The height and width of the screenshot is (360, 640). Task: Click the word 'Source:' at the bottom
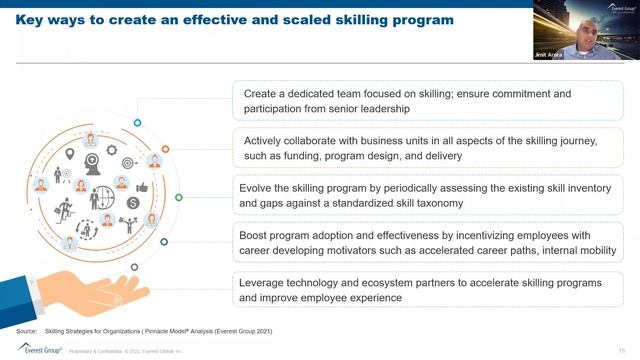click(x=27, y=330)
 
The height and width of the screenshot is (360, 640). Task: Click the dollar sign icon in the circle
click(x=133, y=202)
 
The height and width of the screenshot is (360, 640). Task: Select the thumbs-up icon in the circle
click(x=141, y=187)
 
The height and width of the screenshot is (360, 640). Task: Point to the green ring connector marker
click(x=179, y=197)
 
